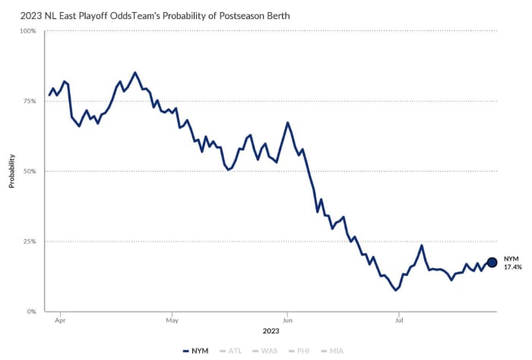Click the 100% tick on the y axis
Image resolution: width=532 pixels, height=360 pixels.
click(x=27, y=31)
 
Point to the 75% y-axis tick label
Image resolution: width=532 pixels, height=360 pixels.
click(x=29, y=101)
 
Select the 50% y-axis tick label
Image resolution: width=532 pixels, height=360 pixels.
click(x=29, y=172)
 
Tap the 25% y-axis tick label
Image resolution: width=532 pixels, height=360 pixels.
click(x=29, y=242)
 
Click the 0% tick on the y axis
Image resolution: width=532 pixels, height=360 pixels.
click(x=30, y=311)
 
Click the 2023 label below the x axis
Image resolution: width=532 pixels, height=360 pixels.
click(x=271, y=331)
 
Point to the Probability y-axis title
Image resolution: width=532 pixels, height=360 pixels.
click(x=11, y=171)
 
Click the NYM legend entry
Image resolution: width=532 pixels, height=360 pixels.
click(x=196, y=351)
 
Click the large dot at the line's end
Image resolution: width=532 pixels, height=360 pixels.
click(x=492, y=262)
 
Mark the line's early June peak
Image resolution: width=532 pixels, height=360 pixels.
click(x=287, y=122)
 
